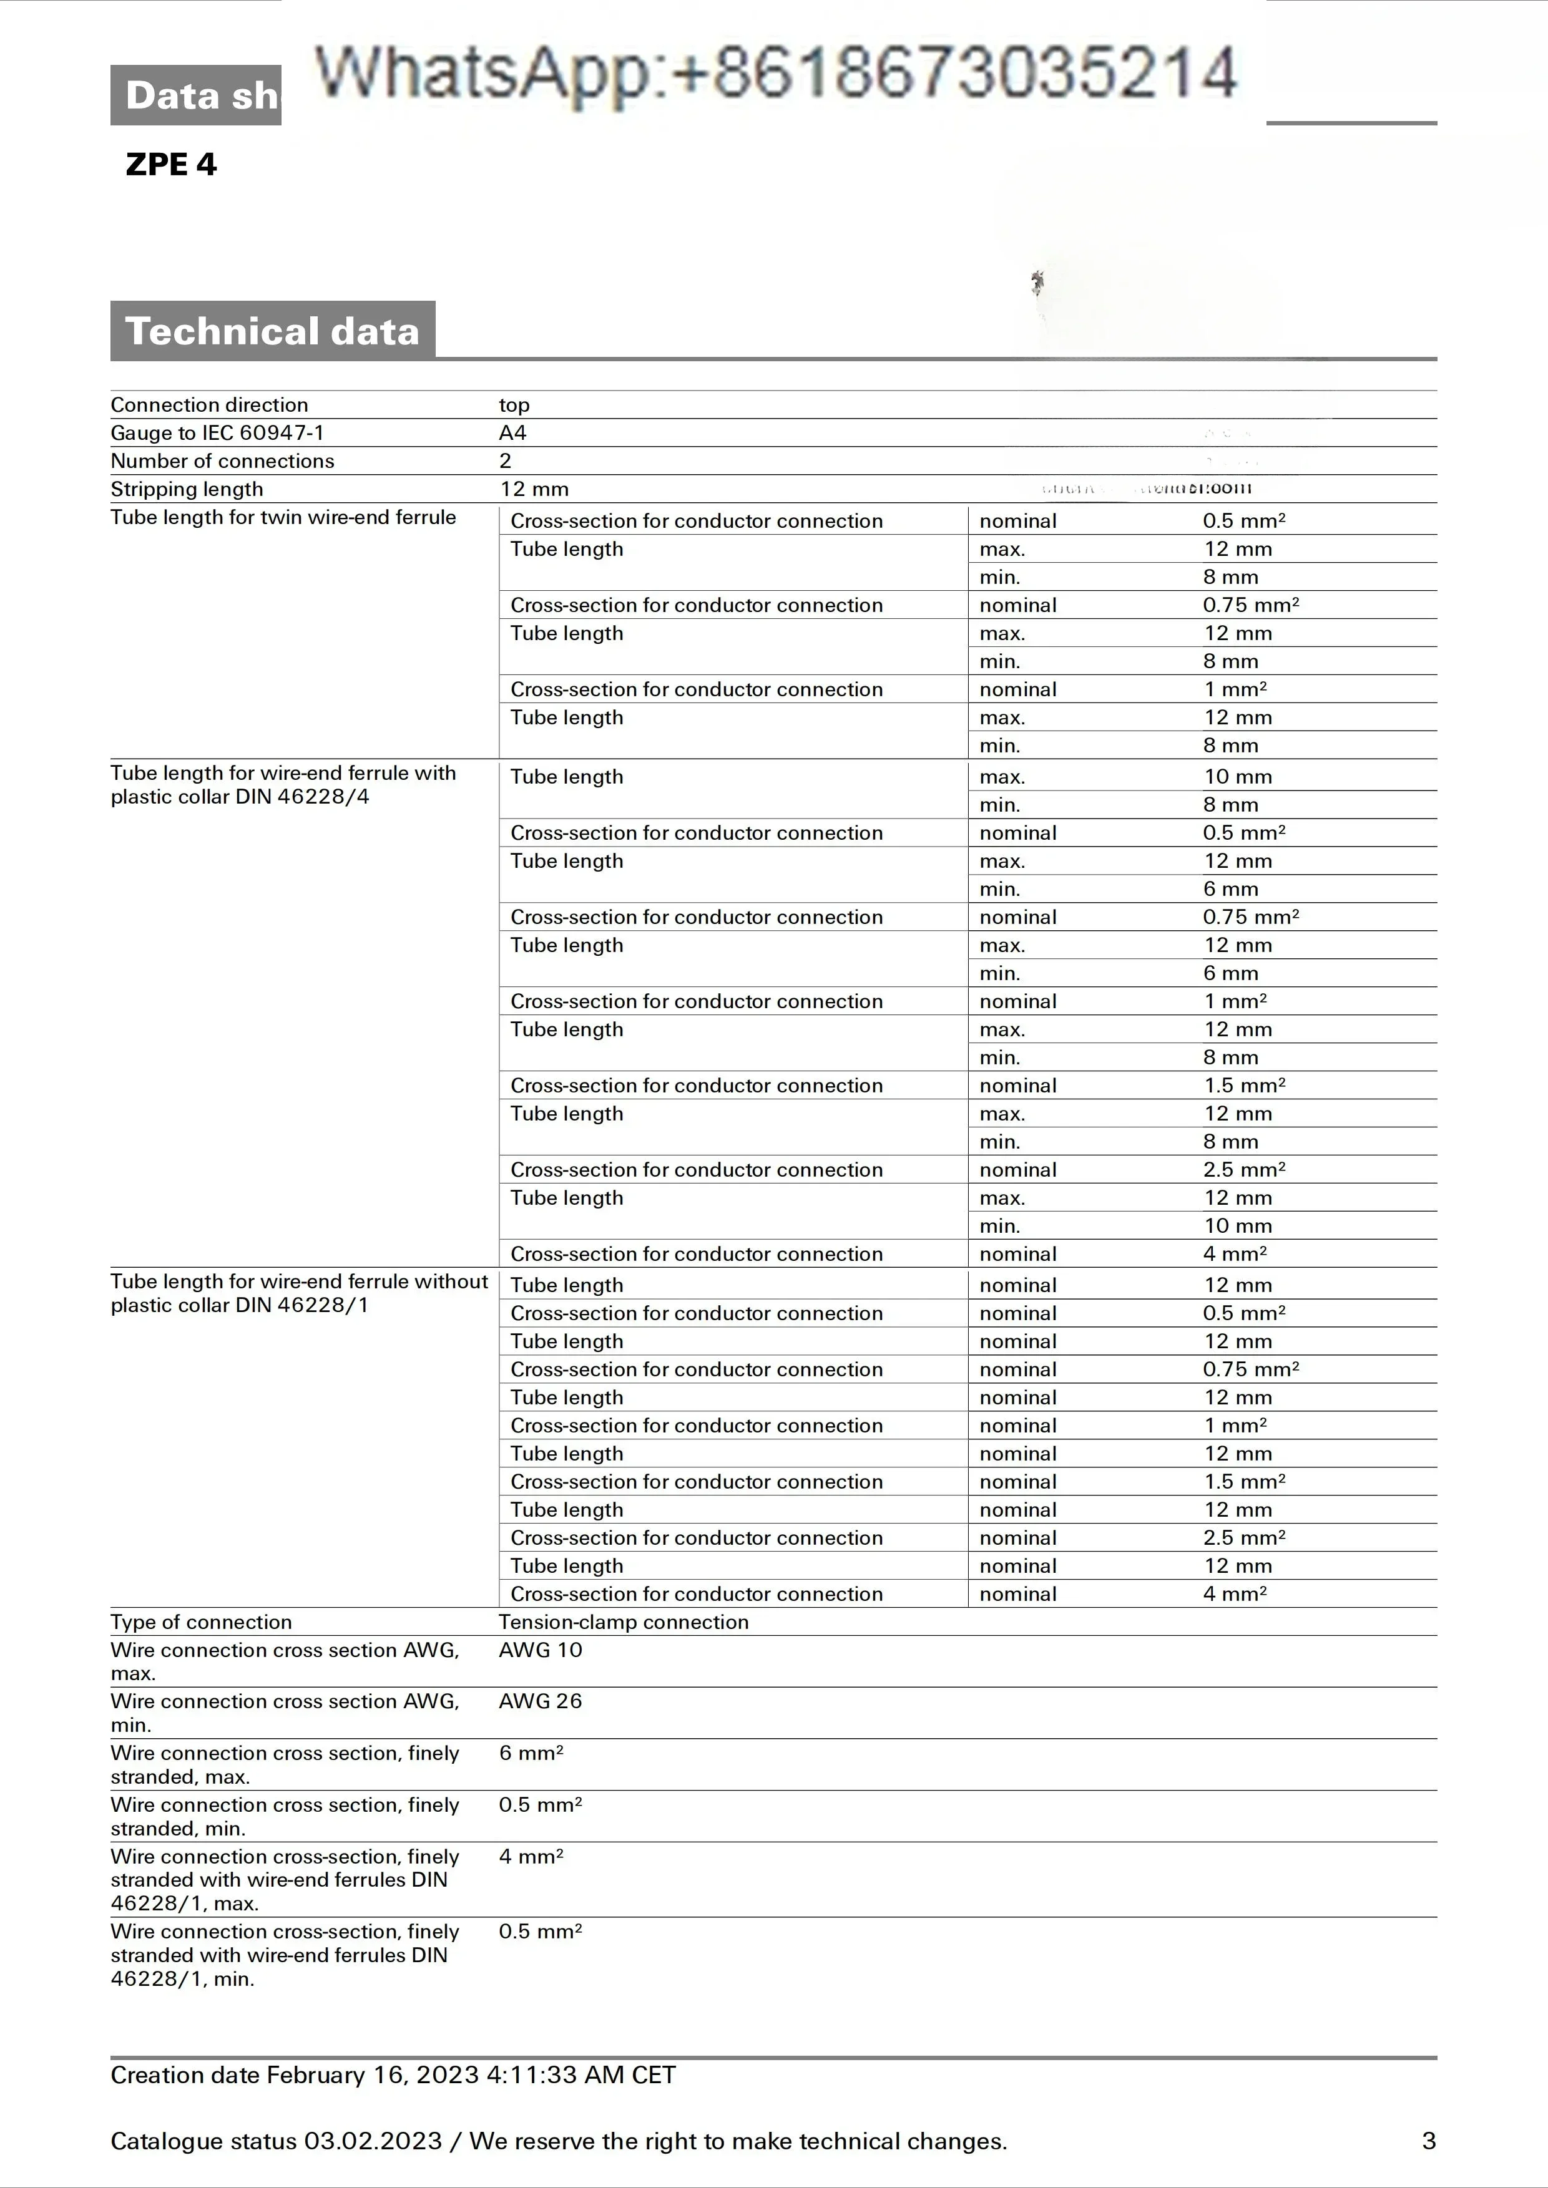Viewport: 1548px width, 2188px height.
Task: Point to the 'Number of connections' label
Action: (222, 461)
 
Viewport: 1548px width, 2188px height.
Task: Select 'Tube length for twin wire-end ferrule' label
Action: (283, 517)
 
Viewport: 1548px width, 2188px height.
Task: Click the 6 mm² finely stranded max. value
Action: (531, 1753)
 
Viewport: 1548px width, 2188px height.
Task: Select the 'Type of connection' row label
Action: (201, 1622)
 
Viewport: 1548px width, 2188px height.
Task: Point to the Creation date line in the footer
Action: (393, 2076)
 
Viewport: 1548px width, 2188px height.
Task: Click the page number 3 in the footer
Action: (1428, 2141)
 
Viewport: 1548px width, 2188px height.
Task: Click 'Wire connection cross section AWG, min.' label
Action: (284, 1713)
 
